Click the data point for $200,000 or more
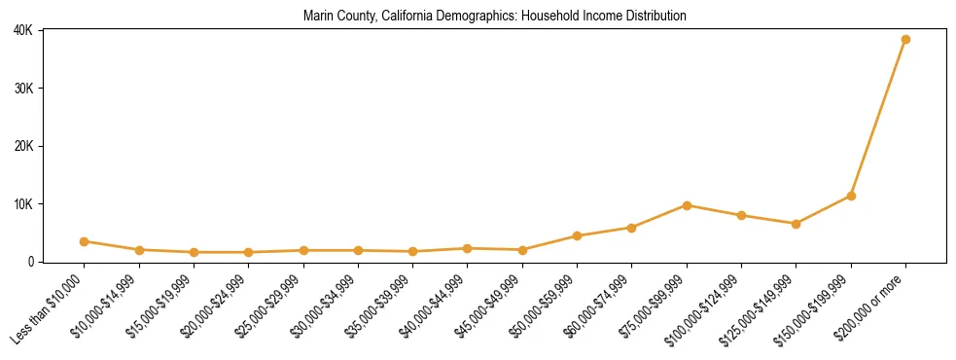click(905, 40)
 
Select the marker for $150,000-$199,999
click(851, 196)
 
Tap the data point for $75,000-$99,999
click(687, 205)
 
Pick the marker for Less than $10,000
click(85, 241)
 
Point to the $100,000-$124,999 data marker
click(741, 215)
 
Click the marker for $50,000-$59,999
click(577, 235)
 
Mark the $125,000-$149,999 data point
click(797, 224)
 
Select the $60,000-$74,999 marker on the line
click(632, 228)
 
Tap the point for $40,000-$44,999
click(468, 248)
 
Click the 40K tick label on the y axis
click(23, 31)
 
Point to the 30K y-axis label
click(23, 89)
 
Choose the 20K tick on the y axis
click(23, 146)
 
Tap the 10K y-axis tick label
click(23, 204)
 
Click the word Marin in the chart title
click(318, 17)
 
